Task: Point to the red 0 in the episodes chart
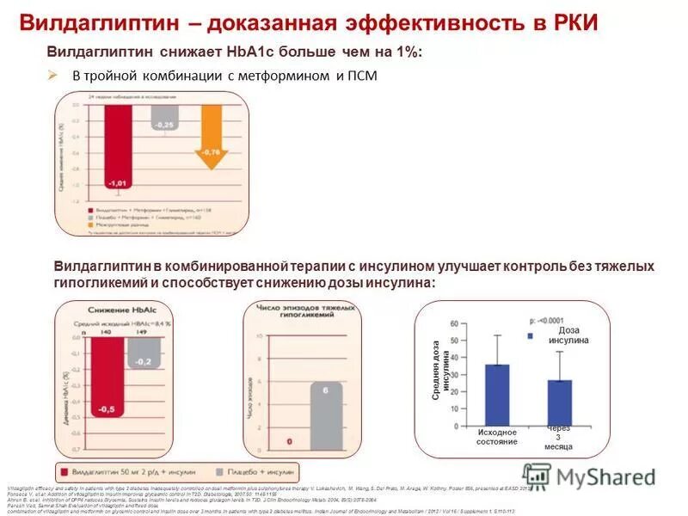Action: [289, 442]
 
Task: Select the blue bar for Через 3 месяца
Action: [559, 402]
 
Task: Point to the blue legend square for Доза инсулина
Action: [531, 336]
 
